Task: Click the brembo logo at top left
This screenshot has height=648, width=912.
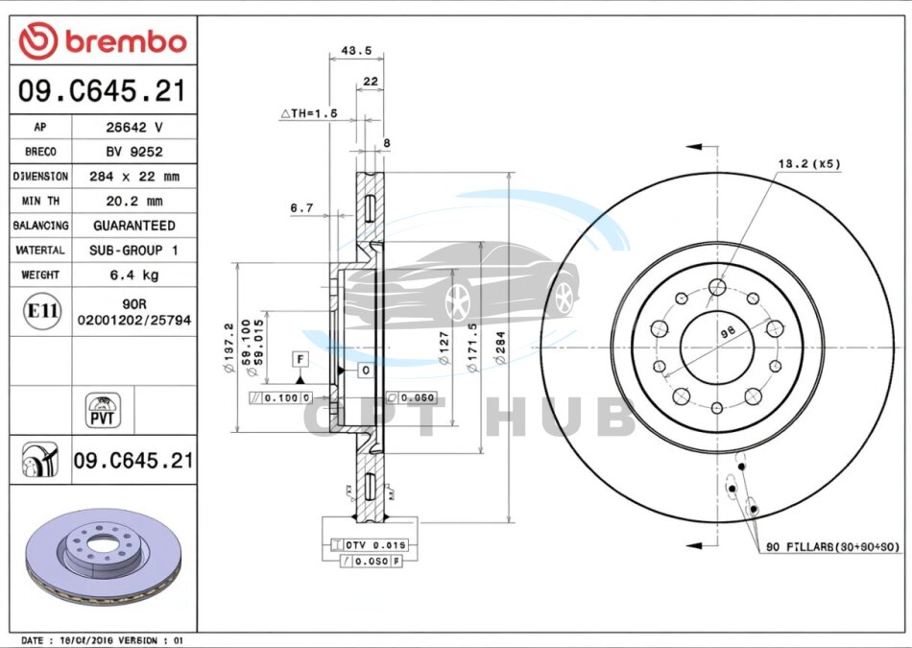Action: (103, 41)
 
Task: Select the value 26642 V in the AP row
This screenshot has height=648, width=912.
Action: (133, 127)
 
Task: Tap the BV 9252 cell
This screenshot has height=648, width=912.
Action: (133, 152)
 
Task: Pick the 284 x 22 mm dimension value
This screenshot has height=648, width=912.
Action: (133, 177)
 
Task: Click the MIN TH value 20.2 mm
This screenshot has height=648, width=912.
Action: (133, 201)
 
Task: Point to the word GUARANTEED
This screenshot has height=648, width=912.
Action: (133, 226)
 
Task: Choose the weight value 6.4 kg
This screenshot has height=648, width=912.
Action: (133, 276)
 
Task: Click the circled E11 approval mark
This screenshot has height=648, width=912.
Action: (39, 312)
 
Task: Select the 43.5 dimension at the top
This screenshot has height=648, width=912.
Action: (356, 51)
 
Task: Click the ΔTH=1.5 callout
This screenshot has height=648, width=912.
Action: (309, 113)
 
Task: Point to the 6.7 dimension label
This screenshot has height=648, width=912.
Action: (301, 207)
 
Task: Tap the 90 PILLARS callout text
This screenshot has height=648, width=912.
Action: (831, 547)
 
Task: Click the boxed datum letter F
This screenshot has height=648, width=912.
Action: (300, 359)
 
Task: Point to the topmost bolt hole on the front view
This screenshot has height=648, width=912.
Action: (717, 285)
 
